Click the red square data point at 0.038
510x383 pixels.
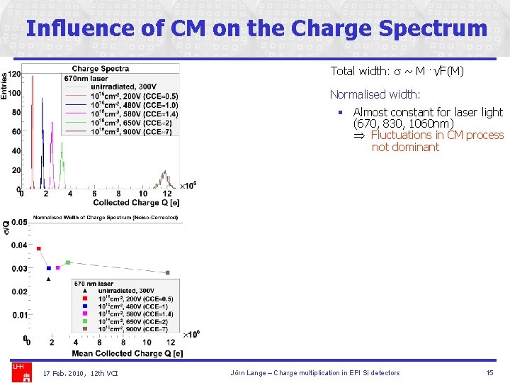point(38,249)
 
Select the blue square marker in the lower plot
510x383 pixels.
point(48,268)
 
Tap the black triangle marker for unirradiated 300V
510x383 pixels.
point(48,279)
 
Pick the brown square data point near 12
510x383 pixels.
point(168,272)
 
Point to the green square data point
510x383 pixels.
point(68,262)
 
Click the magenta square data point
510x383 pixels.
point(58,268)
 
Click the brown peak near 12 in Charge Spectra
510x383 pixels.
point(165,176)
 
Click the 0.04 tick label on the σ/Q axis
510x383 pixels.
point(19,245)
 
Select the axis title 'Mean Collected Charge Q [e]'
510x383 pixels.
point(127,353)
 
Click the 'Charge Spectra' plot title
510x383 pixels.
point(100,69)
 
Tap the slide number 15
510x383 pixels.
point(489,372)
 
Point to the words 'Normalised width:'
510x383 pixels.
point(375,94)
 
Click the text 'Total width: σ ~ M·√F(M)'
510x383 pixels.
point(397,71)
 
